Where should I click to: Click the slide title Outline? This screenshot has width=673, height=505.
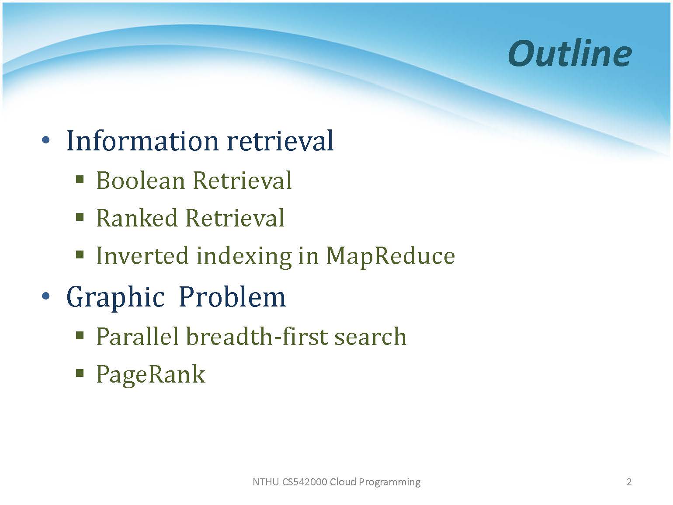click(570, 54)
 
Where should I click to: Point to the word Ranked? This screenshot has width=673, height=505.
click(137, 218)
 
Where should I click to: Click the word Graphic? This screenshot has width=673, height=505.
click(116, 297)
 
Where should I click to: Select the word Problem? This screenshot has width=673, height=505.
click(232, 297)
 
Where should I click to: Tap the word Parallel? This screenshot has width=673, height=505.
click(137, 336)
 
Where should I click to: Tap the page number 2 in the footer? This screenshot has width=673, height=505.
click(629, 482)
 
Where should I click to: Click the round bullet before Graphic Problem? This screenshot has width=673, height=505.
click(46, 296)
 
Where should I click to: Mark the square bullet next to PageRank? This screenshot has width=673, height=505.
click(80, 373)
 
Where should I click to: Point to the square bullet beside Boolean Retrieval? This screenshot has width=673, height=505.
click(80, 179)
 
